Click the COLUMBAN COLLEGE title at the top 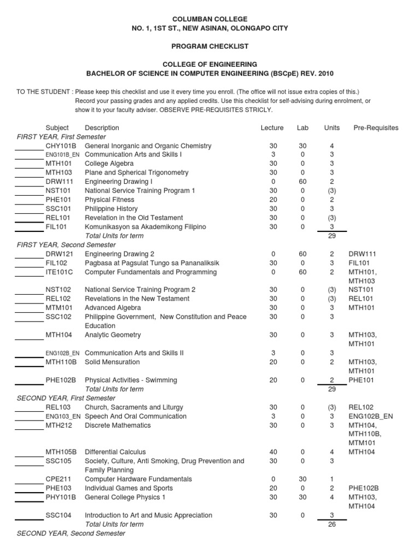click(x=210, y=19)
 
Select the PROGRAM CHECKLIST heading click(x=210, y=46)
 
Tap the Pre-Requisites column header click(x=376, y=128)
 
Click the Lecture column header click(x=272, y=128)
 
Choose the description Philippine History click(x=111, y=208)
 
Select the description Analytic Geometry click(x=113, y=335)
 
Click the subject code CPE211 click(x=59, y=479)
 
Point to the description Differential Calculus click(x=115, y=452)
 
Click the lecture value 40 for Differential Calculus click(x=273, y=452)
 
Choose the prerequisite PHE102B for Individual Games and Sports click(x=364, y=488)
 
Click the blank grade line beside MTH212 click(x=29, y=428)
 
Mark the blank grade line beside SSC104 click(x=29, y=518)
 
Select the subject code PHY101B click(x=61, y=497)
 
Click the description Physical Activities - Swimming click(x=131, y=380)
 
